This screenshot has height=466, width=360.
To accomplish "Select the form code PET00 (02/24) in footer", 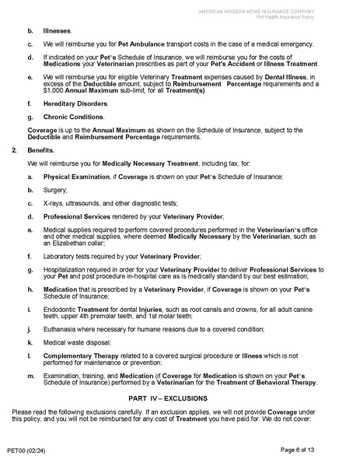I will tap(26, 450).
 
